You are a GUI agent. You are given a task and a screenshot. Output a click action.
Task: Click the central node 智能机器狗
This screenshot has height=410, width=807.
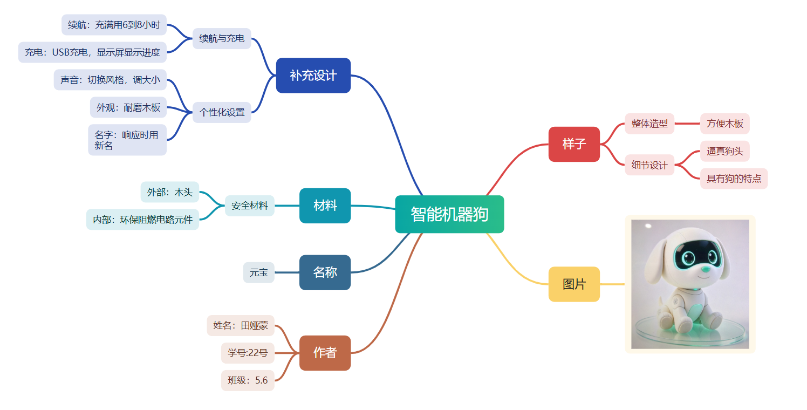tap(449, 214)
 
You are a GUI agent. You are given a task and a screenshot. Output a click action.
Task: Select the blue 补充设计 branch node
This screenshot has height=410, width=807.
tap(313, 76)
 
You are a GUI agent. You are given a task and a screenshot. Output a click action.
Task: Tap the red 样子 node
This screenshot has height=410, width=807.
tap(574, 144)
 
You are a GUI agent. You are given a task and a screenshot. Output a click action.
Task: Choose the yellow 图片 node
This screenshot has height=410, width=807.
tap(574, 284)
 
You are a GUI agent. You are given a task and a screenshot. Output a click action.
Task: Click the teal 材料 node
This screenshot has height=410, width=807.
tap(325, 206)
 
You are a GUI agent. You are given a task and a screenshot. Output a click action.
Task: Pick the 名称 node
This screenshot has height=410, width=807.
tap(325, 272)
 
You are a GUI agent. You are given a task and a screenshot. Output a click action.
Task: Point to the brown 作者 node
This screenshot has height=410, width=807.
tap(325, 353)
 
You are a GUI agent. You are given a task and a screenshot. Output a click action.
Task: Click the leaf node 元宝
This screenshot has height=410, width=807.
tap(259, 272)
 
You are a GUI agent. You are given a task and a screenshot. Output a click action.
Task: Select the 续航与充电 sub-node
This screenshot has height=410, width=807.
tap(222, 38)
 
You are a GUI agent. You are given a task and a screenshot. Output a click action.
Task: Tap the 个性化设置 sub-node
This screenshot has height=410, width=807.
tap(222, 112)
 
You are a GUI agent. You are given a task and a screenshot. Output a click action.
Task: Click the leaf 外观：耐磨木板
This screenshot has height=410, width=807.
tap(128, 107)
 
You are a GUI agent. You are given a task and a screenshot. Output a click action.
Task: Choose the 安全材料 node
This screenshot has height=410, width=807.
tap(249, 206)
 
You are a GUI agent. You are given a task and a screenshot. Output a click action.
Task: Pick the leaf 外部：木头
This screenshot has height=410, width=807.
tap(170, 192)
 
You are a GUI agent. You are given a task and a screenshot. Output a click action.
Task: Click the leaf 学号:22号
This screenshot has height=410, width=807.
tap(248, 353)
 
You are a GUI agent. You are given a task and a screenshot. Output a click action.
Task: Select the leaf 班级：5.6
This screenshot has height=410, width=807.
tap(248, 380)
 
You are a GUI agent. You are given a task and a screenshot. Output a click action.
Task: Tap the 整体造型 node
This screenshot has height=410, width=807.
tap(649, 124)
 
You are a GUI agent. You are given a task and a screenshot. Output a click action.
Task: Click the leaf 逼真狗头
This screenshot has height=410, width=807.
tap(724, 151)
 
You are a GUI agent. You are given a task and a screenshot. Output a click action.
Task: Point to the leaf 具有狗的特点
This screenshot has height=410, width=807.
tap(734, 179)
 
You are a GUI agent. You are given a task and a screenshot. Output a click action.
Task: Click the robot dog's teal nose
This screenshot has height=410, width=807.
tap(706, 269)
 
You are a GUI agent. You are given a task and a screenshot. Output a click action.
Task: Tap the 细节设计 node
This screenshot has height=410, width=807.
tap(649, 165)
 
